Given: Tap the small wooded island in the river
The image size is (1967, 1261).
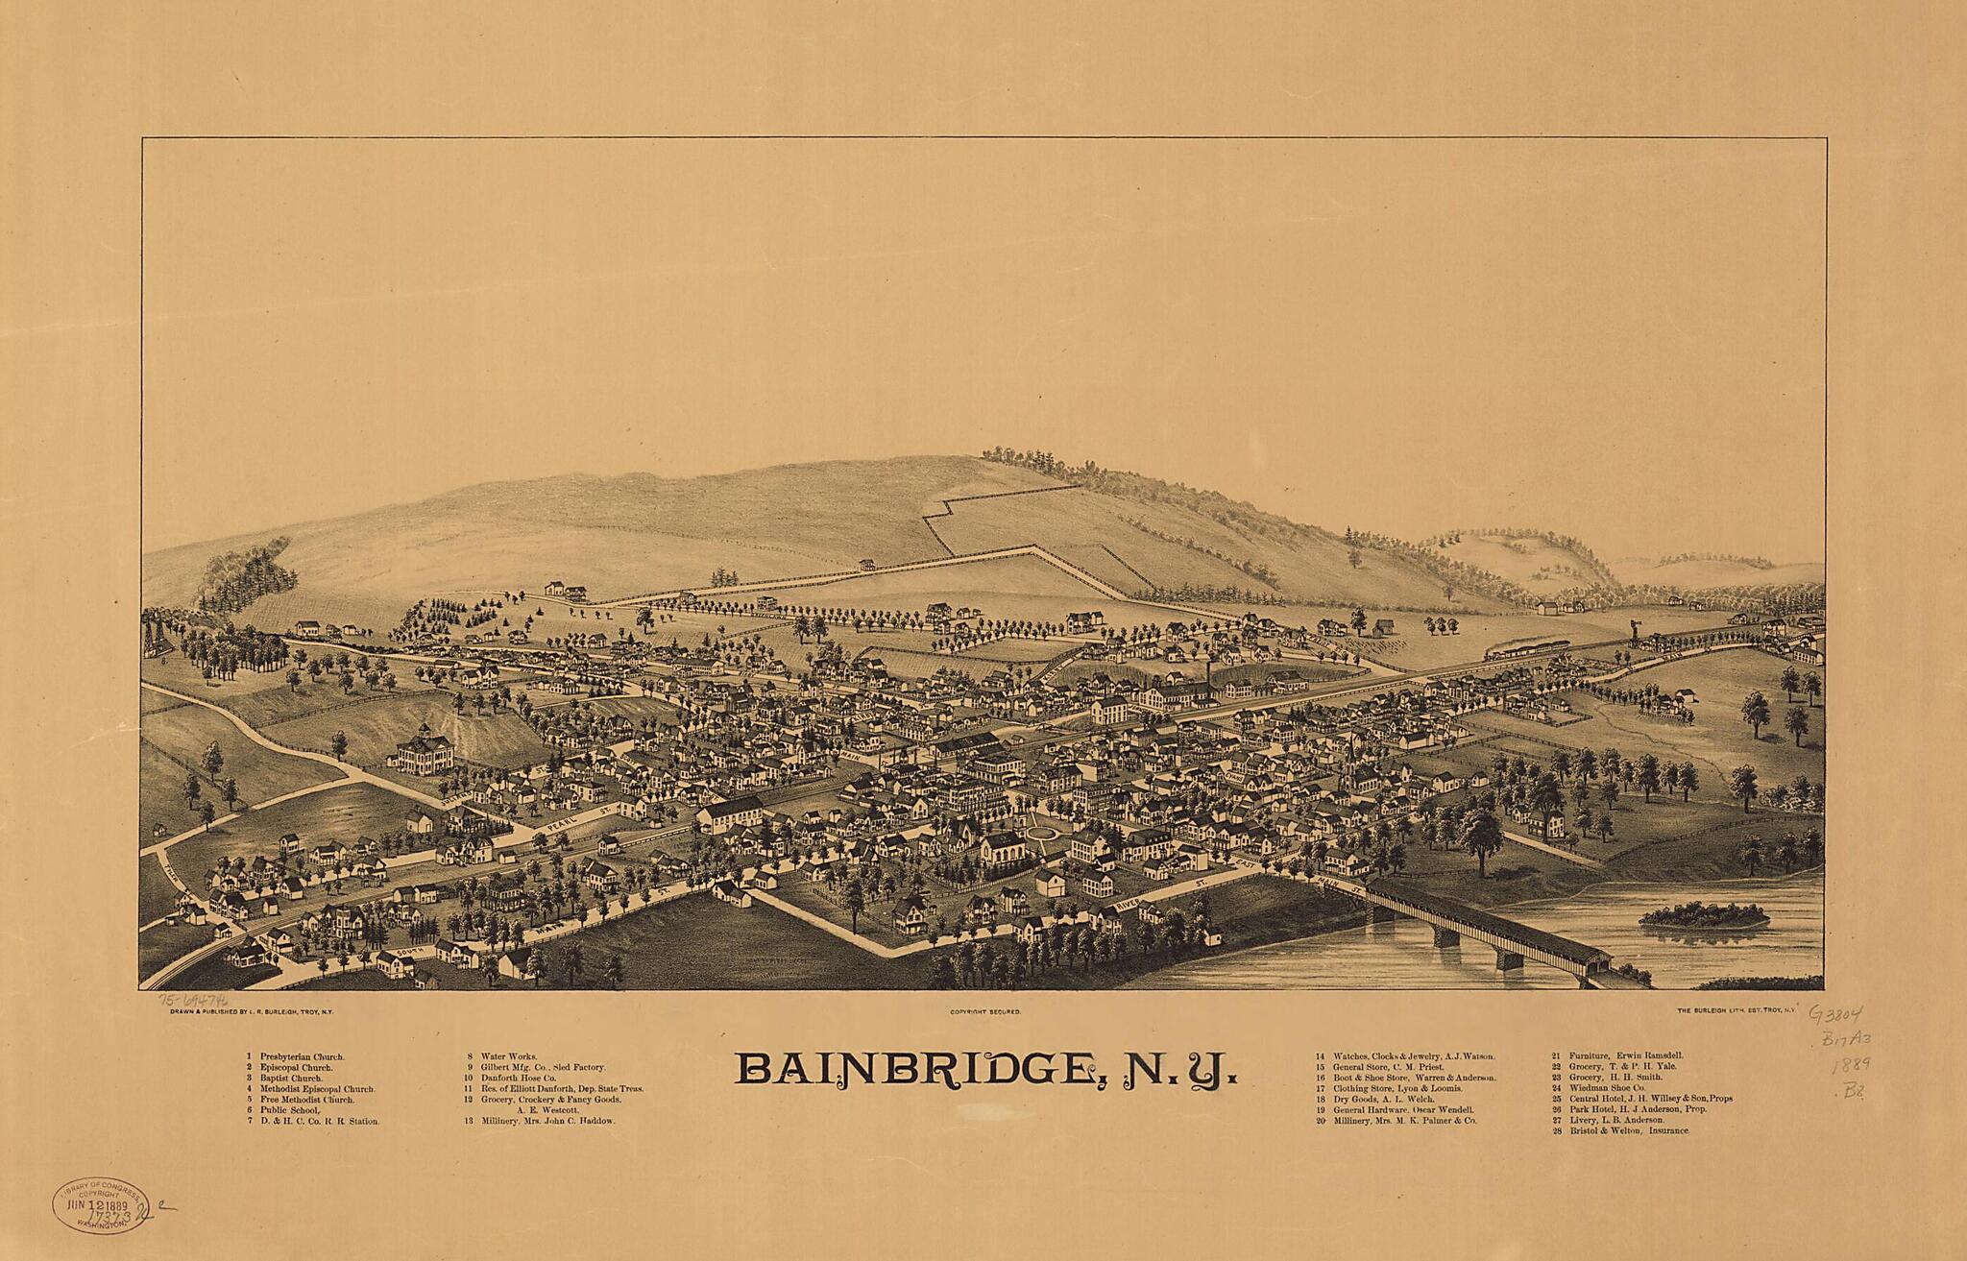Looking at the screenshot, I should pos(1702,917).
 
